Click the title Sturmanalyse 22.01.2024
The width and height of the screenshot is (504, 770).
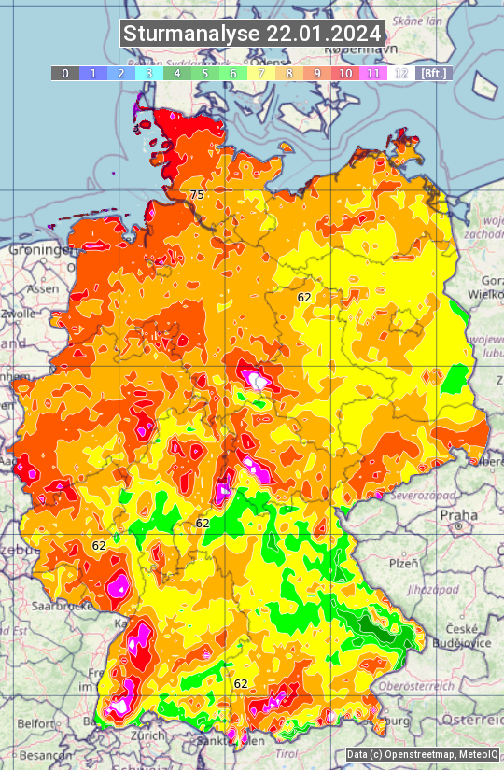252,34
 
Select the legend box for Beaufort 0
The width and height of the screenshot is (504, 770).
64,73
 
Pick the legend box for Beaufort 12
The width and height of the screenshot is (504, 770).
400,73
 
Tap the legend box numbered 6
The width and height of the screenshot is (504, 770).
232,73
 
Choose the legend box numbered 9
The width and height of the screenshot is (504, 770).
316,73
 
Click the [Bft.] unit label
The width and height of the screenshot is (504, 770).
434,73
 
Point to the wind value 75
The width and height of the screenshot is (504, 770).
196,194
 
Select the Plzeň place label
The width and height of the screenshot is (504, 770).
403,563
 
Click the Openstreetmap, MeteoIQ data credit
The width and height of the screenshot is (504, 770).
422,754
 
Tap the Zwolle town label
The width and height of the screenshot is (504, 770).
19,315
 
